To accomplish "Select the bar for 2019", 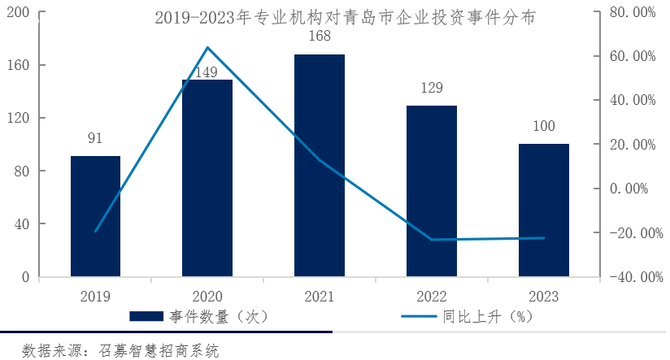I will point(95,216).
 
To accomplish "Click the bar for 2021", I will point(319,166).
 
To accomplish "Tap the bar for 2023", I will point(543,210).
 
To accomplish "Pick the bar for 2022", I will point(432,191).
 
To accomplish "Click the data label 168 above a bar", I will point(319,37).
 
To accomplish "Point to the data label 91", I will point(95,138).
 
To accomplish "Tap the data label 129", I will point(432,88).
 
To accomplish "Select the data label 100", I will point(543,126).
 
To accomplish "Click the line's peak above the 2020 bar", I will point(207,47).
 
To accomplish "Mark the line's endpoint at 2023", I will point(543,238).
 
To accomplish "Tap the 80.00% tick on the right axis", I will point(632,12).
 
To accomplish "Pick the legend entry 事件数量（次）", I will point(199,316).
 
